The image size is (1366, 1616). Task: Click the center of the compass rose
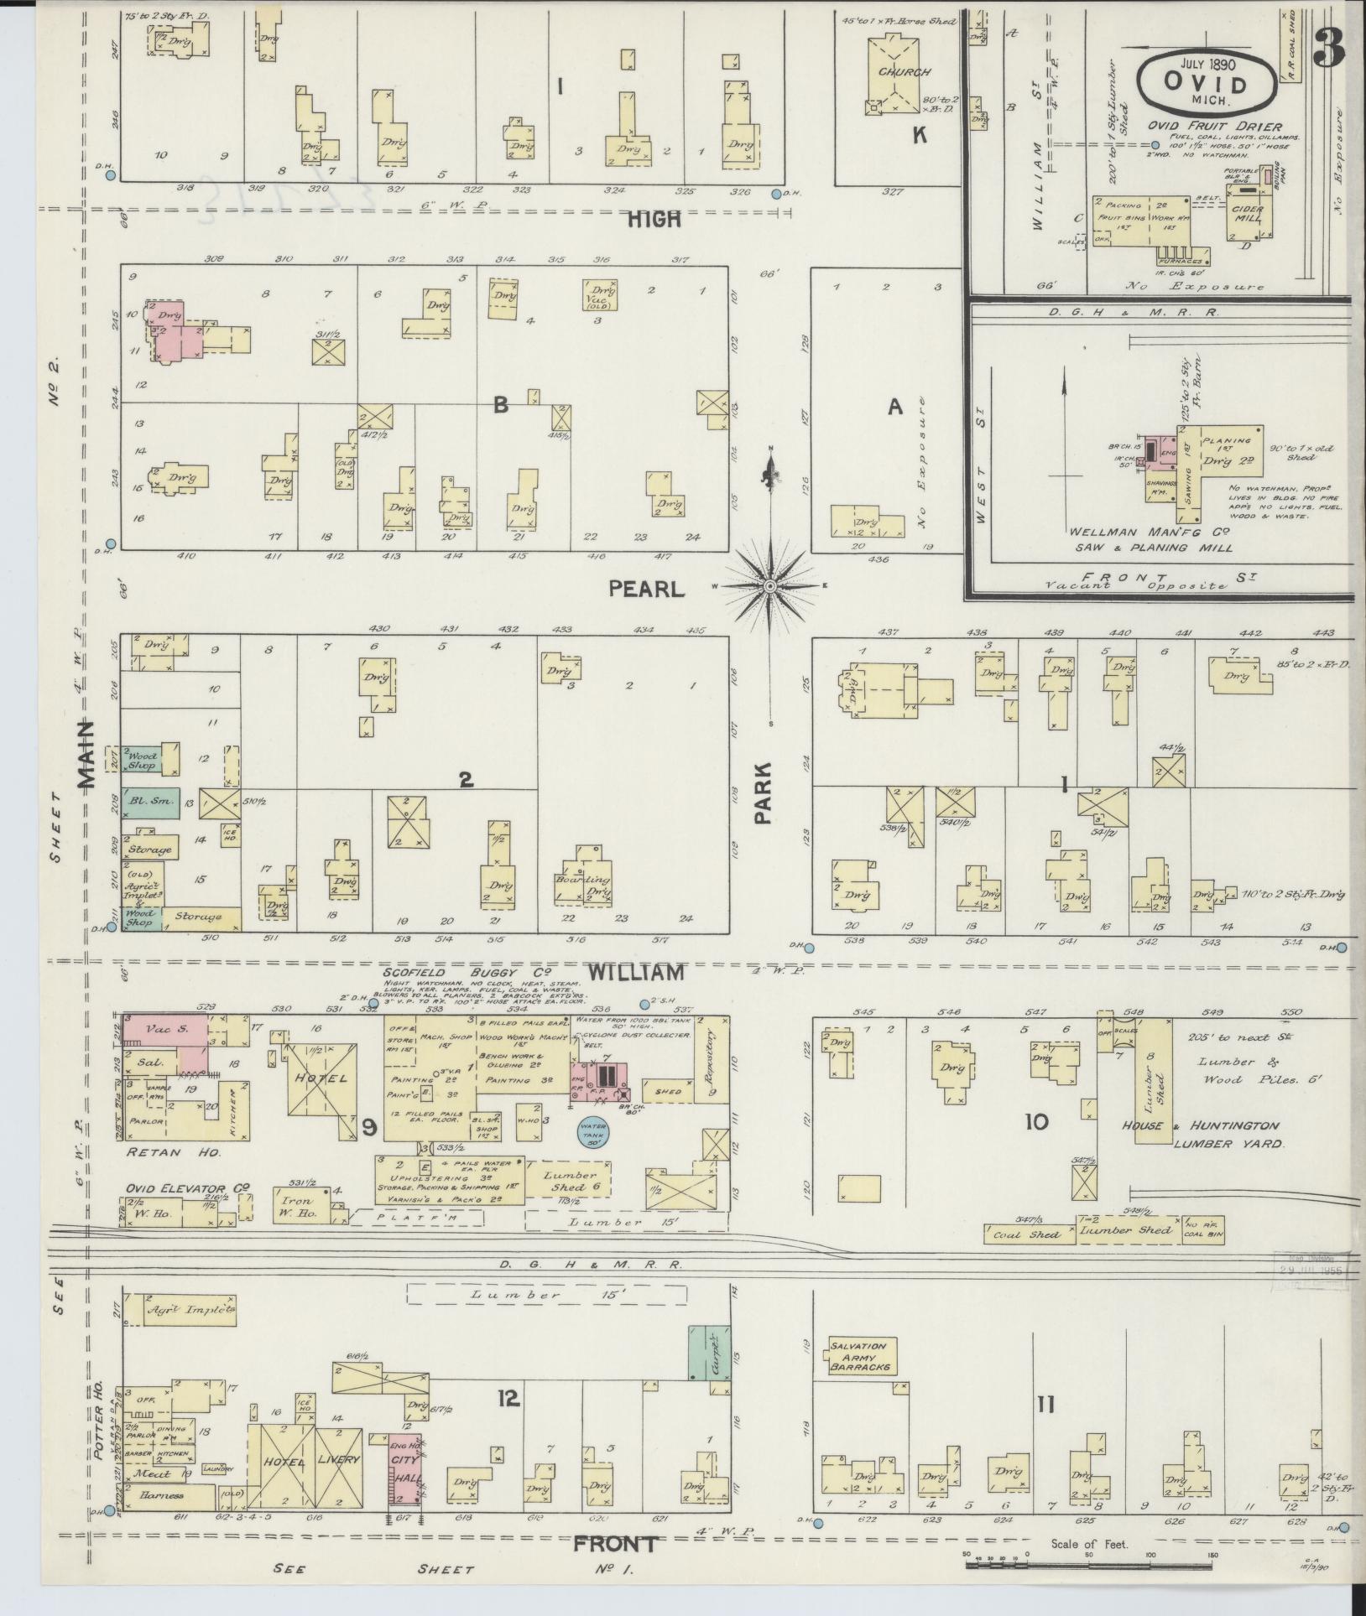770,585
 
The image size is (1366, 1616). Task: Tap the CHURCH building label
899,73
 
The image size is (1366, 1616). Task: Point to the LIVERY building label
338,1459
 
